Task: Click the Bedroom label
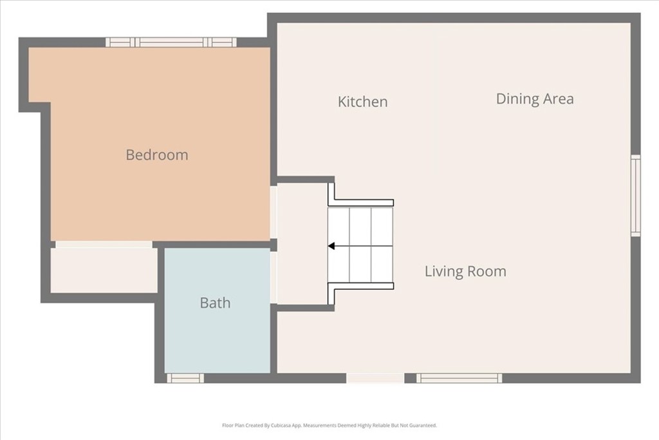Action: pos(157,155)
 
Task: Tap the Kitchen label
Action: pos(362,102)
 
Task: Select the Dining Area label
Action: pos(534,99)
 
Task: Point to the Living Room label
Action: pos(465,271)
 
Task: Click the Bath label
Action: pos(215,303)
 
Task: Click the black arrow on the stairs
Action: pos(332,245)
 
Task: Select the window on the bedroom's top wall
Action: pos(171,43)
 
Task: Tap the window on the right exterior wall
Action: pos(635,195)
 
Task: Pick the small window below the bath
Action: pos(185,378)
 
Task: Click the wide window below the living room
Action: pos(459,378)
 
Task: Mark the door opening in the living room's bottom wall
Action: pos(376,378)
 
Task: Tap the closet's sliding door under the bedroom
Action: pos(104,245)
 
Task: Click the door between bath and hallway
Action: pos(274,277)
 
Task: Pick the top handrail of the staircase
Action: pos(360,202)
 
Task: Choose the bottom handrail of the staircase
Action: pos(360,286)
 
